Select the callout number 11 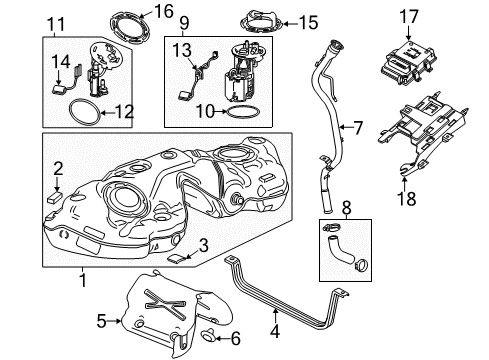(x=57, y=22)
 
